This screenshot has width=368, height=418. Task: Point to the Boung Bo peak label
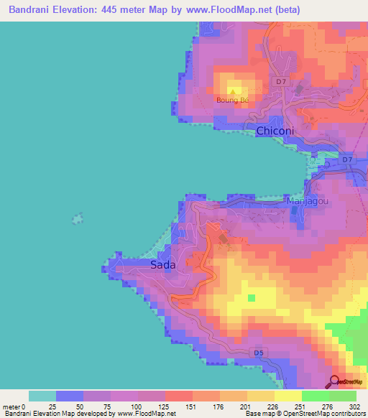click(232, 100)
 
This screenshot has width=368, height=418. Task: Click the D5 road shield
click(259, 353)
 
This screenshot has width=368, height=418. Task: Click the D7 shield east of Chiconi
click(348, 159)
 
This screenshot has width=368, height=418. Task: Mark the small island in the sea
click(76, 217)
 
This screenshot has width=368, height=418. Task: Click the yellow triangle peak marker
click(233, 91)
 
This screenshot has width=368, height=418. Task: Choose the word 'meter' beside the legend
click(12, 407)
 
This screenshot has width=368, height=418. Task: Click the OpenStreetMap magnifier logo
click(335, 381)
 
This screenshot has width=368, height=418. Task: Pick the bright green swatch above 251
click(316, 396)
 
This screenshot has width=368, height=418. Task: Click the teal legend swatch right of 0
click(42, 396)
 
